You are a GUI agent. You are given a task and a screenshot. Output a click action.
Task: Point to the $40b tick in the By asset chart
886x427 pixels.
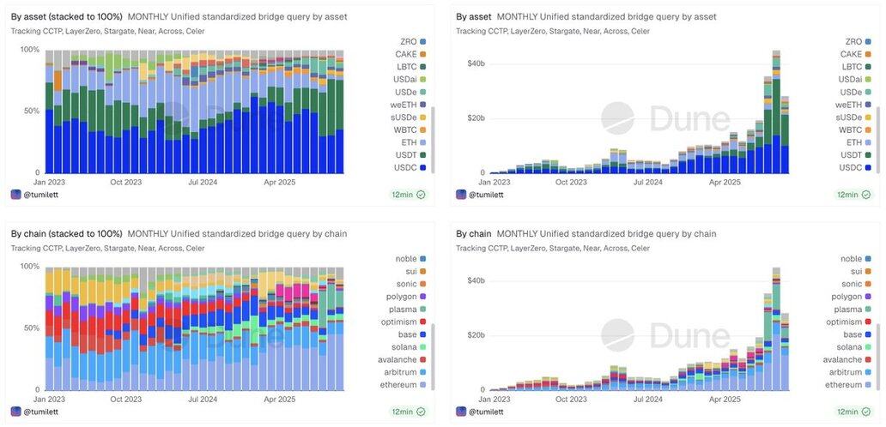click(x=476, y=63)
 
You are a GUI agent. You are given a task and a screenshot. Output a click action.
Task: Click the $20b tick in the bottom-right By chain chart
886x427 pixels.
click(x=476, y=334)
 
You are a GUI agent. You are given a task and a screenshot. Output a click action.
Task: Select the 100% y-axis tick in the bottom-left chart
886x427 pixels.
click(x=30, y=267)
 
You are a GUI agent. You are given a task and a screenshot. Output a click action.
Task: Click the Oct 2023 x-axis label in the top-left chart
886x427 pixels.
click(x=125, y=182)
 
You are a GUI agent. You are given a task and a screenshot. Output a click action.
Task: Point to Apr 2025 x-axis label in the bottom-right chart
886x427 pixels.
click(x=725, y=399)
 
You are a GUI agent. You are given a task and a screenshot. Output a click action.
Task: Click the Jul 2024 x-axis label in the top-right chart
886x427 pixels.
click(x=648, y=182)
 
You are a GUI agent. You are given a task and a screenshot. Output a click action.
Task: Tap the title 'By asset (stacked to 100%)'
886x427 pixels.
click(x=66, y=16)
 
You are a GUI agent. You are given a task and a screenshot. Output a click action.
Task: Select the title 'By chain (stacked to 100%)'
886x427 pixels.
click(x=66, y=233)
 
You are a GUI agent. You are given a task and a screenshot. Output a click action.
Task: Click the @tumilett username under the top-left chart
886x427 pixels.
click(x=41, y=195)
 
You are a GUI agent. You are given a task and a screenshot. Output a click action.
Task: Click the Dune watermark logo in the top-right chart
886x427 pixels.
click(x=665, y=119)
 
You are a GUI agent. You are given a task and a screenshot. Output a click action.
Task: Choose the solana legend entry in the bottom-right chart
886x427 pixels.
click(x=849, y=346)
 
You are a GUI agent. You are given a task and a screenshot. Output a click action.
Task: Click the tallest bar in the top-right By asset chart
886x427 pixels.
click(x=776, y=111)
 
